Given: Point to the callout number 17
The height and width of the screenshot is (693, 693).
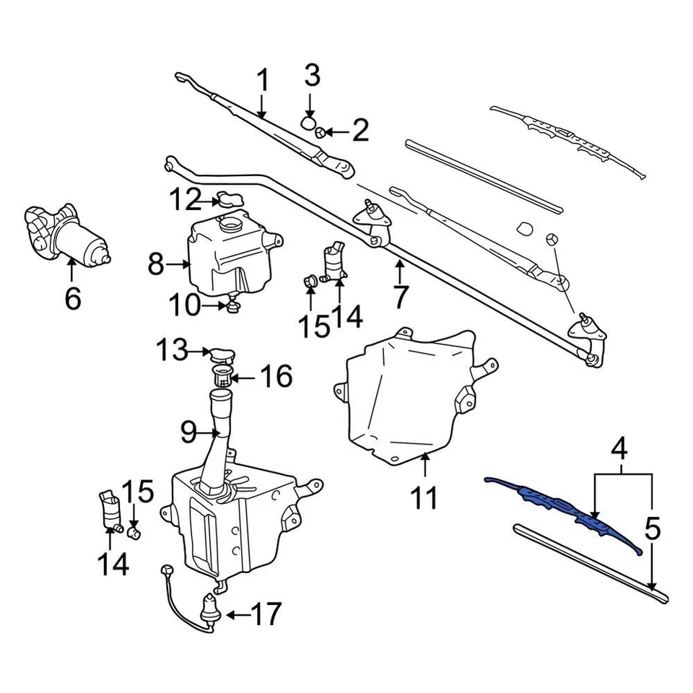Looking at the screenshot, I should pos(265,614).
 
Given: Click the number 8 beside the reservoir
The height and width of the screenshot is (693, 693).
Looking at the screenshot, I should pos(156,265).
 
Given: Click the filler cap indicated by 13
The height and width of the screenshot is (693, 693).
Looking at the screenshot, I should pos(222,354).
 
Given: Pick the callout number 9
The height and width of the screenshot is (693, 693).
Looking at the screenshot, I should pos(188,432).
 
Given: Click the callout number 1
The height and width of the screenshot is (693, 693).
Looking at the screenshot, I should pos(263,81).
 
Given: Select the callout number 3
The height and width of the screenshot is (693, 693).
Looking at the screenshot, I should pos(312,75).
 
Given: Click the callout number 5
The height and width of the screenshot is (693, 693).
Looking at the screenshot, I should pos(651,530).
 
